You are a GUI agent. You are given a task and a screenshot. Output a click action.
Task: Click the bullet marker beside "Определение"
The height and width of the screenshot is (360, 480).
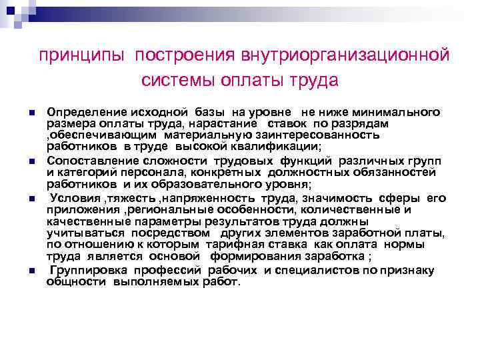(x=31, y=111)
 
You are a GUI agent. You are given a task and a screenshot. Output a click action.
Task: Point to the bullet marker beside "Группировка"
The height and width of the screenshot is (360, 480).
(x=31, y=271)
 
